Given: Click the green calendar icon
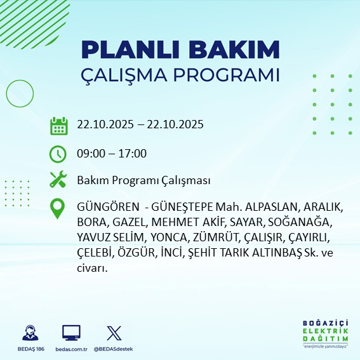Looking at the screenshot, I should click(58, 125).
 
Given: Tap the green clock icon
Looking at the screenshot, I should click(58, 154).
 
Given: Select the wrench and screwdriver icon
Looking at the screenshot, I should click(58, 180).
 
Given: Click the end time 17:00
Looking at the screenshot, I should click(133, 154).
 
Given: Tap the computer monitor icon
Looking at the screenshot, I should click(71, 333).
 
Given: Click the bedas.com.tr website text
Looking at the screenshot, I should click(71, 349).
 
